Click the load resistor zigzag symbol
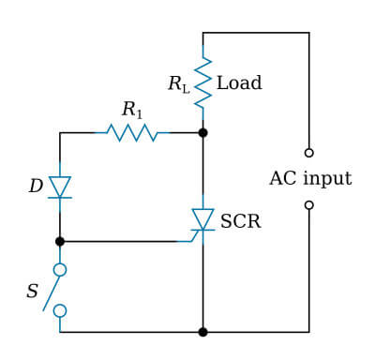(202, 82)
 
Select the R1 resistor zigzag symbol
(132, 133)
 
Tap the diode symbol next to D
(60, 187)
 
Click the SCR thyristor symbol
(202, 219)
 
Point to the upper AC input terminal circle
(308, 152)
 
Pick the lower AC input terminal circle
(308, 204)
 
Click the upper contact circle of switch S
(60, 270)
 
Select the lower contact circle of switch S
(60, 310)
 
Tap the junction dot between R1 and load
(202, 133)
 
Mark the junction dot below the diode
(60, 241)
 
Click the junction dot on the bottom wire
(202, 332)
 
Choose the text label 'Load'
(239, 83)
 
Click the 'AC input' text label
(310, 178)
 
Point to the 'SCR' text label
(240, 222)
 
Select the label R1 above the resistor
(132, 109)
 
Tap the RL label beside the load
(178, 84)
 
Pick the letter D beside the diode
(36, 187)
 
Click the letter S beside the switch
(32, 292)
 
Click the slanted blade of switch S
(53, 291)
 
